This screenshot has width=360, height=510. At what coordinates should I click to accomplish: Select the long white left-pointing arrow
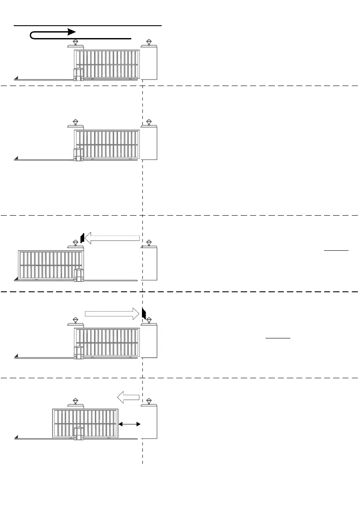tap(112, 238)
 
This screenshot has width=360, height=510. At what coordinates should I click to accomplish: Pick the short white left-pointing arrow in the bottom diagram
tap(128, 397)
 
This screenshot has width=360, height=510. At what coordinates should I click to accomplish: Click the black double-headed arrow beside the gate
tap(130, 424)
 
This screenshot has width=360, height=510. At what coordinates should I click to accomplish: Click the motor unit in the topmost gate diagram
tap(78, 74)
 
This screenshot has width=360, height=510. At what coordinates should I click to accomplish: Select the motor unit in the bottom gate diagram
tap(78, 433)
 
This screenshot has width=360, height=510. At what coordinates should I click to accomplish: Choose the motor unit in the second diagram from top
tap(78, 154)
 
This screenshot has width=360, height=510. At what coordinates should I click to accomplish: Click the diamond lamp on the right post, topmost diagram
tap(149, 42)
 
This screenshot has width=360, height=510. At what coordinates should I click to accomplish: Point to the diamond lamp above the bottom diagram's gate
tap(76, 401)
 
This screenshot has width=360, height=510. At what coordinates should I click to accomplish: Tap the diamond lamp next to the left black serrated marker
tap(76, 243)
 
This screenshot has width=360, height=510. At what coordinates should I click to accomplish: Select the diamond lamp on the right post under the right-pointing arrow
tap(149, 320)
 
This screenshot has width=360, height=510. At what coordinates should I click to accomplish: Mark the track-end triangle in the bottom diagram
tap(16, 437)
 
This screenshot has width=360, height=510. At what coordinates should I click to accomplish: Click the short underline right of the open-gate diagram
tap(336, 249)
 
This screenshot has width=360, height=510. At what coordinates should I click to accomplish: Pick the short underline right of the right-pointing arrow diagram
tap(278, 338)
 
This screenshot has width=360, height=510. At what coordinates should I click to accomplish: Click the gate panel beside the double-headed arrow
tap(85, 423)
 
